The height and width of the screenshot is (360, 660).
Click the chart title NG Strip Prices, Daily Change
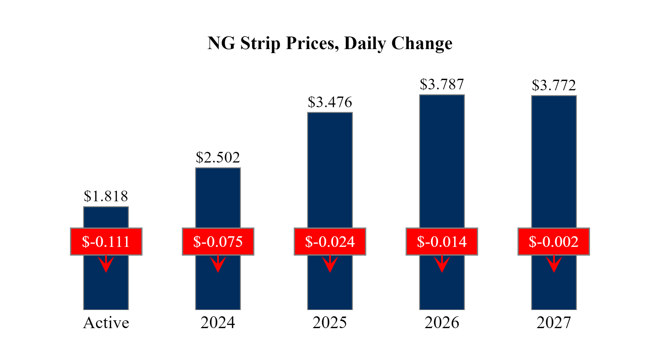330,43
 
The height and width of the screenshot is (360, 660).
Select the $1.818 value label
106,196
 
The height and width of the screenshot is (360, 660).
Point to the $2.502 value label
218,157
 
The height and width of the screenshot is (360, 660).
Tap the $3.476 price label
330,102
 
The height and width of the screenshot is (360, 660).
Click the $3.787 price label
442,84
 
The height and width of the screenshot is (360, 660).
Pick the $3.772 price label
554,85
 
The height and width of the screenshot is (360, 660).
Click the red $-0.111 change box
106,242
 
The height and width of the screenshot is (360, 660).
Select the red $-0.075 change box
218,242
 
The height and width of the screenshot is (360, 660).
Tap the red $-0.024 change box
330,242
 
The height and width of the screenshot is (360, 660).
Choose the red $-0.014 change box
442,242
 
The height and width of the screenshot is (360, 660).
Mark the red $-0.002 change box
553,242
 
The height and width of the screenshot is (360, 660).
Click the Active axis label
106,323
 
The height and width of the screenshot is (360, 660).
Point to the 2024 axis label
218,323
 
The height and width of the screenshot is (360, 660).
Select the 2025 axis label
330,323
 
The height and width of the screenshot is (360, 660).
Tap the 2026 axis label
442,323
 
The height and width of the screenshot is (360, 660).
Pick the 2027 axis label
554,323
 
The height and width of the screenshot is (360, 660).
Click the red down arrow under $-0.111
106,264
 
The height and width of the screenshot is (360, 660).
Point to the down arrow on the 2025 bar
330,264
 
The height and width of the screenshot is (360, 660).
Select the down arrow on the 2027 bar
554,264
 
